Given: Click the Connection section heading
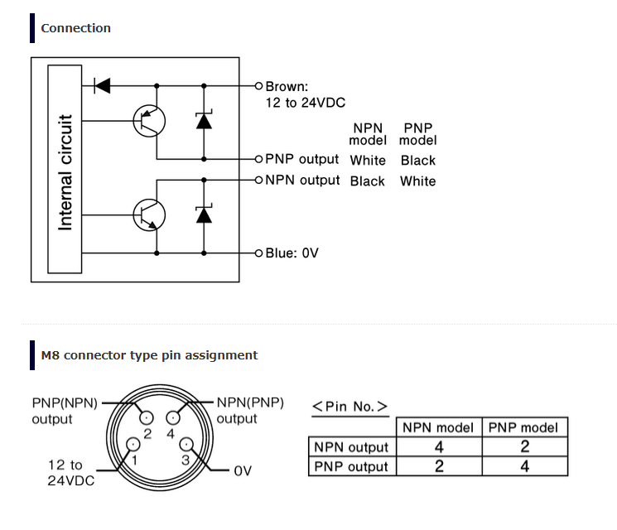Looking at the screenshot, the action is pyautogui.click(x=76, y=28).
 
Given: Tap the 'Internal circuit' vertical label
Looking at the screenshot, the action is pyautogui.click(x=65, y=172).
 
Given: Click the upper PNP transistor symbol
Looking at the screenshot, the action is pyautogui.click(x=149, y=121).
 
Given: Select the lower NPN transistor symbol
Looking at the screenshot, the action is pyautogui.click(x=149, y=215).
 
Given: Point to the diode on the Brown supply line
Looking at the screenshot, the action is pyautogui.click(x=103, y=86).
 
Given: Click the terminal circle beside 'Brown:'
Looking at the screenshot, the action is pyautogui.click(x=258, y=86).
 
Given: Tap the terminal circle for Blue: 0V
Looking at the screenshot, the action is pyautogui.click(x=258, y=253).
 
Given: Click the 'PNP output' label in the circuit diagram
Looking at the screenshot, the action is pyautogui.click(x=301, y=159).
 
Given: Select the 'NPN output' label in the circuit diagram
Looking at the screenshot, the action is pyautogui.click(x=302, y=180).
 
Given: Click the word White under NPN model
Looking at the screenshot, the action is pyautogui.click(x=368, y=160).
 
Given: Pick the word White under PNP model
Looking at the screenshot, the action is pyautogui.click(x=418, y=181).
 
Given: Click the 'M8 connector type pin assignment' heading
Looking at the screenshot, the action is pyautogui.click(x=149, y=355).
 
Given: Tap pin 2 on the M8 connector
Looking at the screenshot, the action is pyautogui.click(x=147, y=417).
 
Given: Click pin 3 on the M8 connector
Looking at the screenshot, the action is pyautogui.click(x=186, y=445).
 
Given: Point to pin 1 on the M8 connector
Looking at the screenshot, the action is pyautogui.click(x=133, y=444).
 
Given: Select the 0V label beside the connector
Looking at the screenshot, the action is pyautogui.click(x=243, y=471).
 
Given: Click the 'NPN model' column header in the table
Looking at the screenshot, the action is pyautogui.click(x=438, y=427).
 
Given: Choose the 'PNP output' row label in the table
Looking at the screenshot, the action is pyautogui.click(x=351, y=466).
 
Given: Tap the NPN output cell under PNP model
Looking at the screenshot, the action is pyautogui.click(x=525, y=446).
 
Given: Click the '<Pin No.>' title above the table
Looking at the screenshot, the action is pyautogui.click(x=349, y=406).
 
